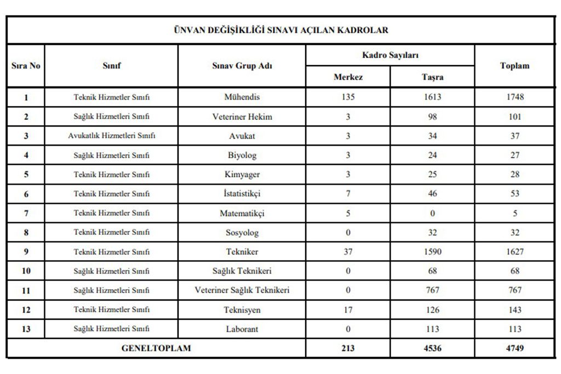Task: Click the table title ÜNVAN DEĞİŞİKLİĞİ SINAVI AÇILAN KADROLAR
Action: (x=280, y=30)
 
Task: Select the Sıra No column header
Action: (x=26, y=66)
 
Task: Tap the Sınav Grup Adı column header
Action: (x=242, y=66)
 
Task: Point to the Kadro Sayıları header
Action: (x=390, y=55)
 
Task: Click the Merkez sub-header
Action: (x=348, y=77)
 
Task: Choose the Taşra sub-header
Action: (x=432, y=77)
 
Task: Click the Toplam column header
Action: (x=514, y=66)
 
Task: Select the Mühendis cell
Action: (x=242, y=97)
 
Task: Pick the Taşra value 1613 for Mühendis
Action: (x=432, y=97)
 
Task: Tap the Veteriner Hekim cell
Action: (x=242, y=117)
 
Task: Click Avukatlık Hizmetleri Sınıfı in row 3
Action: (x=112, y=136)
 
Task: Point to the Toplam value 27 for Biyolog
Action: (x=514, y=155)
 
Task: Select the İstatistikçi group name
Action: (x=242, y=194)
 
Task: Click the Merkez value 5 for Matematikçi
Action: (x=348, y=213)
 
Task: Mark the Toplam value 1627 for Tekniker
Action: (x=514, y=252)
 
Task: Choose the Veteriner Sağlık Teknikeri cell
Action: (x=242, y=290)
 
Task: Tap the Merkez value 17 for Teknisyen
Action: (x=348, y=310)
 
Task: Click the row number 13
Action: (x=26, y=329)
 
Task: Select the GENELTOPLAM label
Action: (x=156, y=348)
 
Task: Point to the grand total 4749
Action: (x=514, y=348)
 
